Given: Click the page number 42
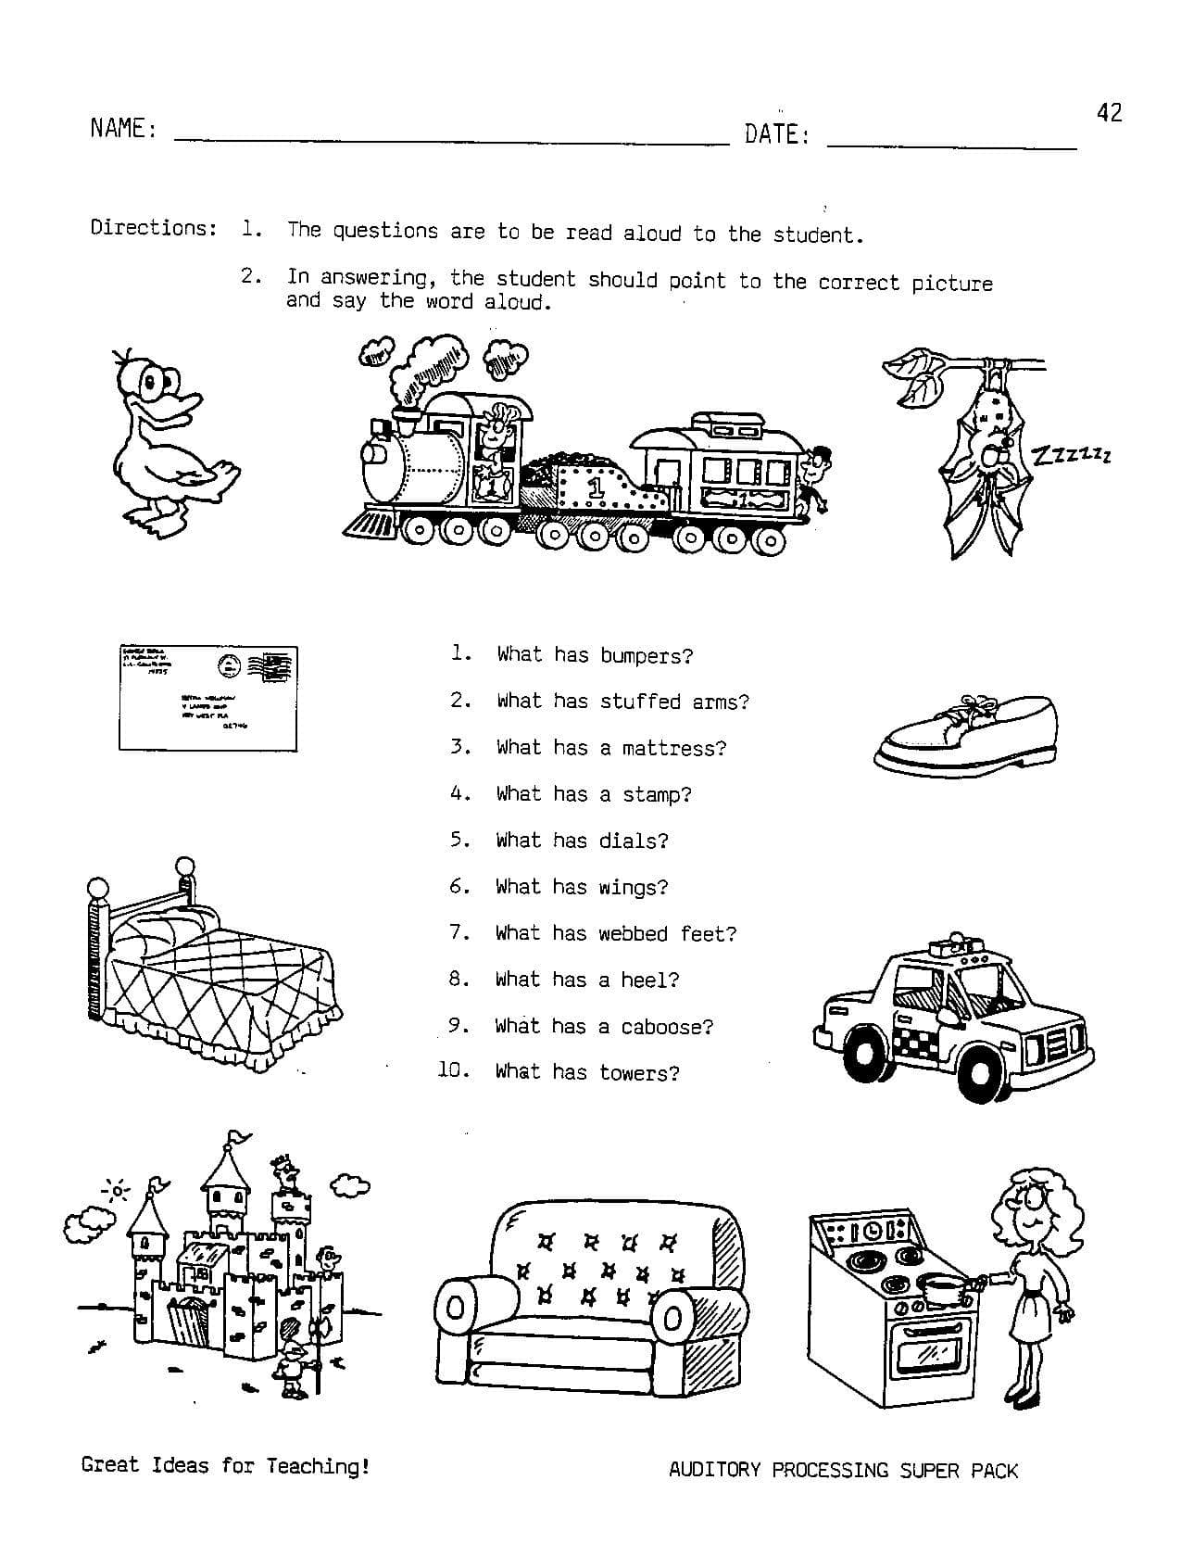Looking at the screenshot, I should (1109, 113).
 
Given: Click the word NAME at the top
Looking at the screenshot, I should (117, 129).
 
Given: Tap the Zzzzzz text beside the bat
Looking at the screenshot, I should (1071, 454).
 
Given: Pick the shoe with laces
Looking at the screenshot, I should (964, 733).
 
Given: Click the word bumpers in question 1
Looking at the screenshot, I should (646, 656).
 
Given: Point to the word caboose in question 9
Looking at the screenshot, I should (666, 1027).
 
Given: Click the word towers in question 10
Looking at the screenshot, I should (639, 1073).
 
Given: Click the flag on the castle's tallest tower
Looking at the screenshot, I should (240, 1135).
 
